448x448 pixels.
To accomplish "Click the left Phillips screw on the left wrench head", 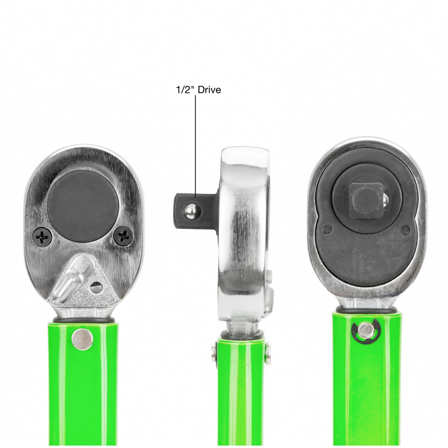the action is pos(41,237).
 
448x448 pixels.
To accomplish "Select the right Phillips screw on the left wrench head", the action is pos(123,236).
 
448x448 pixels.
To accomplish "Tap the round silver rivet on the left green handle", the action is pos(82,339).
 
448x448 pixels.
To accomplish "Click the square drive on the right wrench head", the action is pos(366,200).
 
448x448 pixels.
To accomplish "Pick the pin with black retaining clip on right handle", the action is pos(366,330).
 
